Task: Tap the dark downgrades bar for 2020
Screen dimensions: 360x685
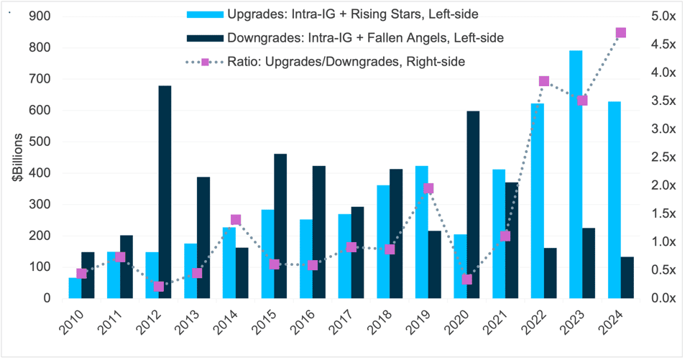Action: [x=473, y=205]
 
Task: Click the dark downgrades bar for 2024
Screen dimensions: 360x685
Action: [x=627, y=277]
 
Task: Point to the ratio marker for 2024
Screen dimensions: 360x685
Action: [x=621, y=33]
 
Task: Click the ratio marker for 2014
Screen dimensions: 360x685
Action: [x=236, y=220]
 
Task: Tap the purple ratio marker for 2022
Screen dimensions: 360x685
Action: [x=544, y=81]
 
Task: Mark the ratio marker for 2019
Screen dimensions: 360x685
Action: [x=428, y=189]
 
